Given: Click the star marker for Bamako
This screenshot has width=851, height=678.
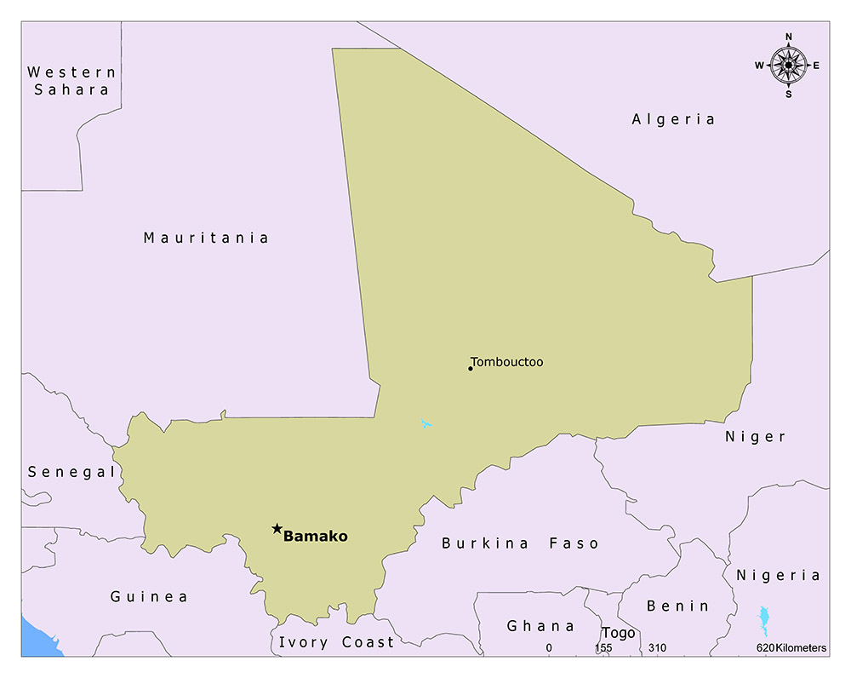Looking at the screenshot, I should pos(277,529).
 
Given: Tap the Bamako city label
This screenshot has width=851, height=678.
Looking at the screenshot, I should pos(316,537).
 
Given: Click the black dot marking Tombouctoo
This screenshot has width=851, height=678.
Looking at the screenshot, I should pos(470,368).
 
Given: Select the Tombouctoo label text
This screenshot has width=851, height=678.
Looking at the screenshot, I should pos(507,362).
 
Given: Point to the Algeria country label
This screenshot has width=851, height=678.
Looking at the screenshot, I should pos(673,119).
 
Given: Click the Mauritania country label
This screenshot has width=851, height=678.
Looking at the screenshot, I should pos(206,238).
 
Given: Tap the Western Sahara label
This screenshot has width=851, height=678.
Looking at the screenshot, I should pos(71,81).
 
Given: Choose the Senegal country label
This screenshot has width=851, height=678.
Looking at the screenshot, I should pos(71,472).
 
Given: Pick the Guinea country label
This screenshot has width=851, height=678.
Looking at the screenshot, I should pos(149,597).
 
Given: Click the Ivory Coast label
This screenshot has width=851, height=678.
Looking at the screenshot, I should pos(337,642).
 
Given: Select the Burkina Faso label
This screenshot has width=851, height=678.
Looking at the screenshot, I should pos(520,543).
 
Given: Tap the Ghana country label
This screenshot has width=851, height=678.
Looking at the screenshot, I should pos(541,626).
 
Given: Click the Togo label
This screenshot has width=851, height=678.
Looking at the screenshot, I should pos(619,633).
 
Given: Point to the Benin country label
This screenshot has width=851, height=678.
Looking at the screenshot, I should pos(677,606).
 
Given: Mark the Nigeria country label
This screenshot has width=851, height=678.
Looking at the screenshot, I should pos(779,576).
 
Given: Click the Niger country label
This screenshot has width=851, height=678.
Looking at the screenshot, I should pos(756,437).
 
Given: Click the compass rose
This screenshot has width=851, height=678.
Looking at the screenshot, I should pos(789,65).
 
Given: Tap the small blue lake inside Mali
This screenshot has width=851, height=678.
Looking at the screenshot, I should pos(426,423).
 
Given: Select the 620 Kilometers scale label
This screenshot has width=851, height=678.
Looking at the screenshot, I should pos(791,648).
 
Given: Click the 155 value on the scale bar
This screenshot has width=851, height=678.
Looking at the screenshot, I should pos(603,648).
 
